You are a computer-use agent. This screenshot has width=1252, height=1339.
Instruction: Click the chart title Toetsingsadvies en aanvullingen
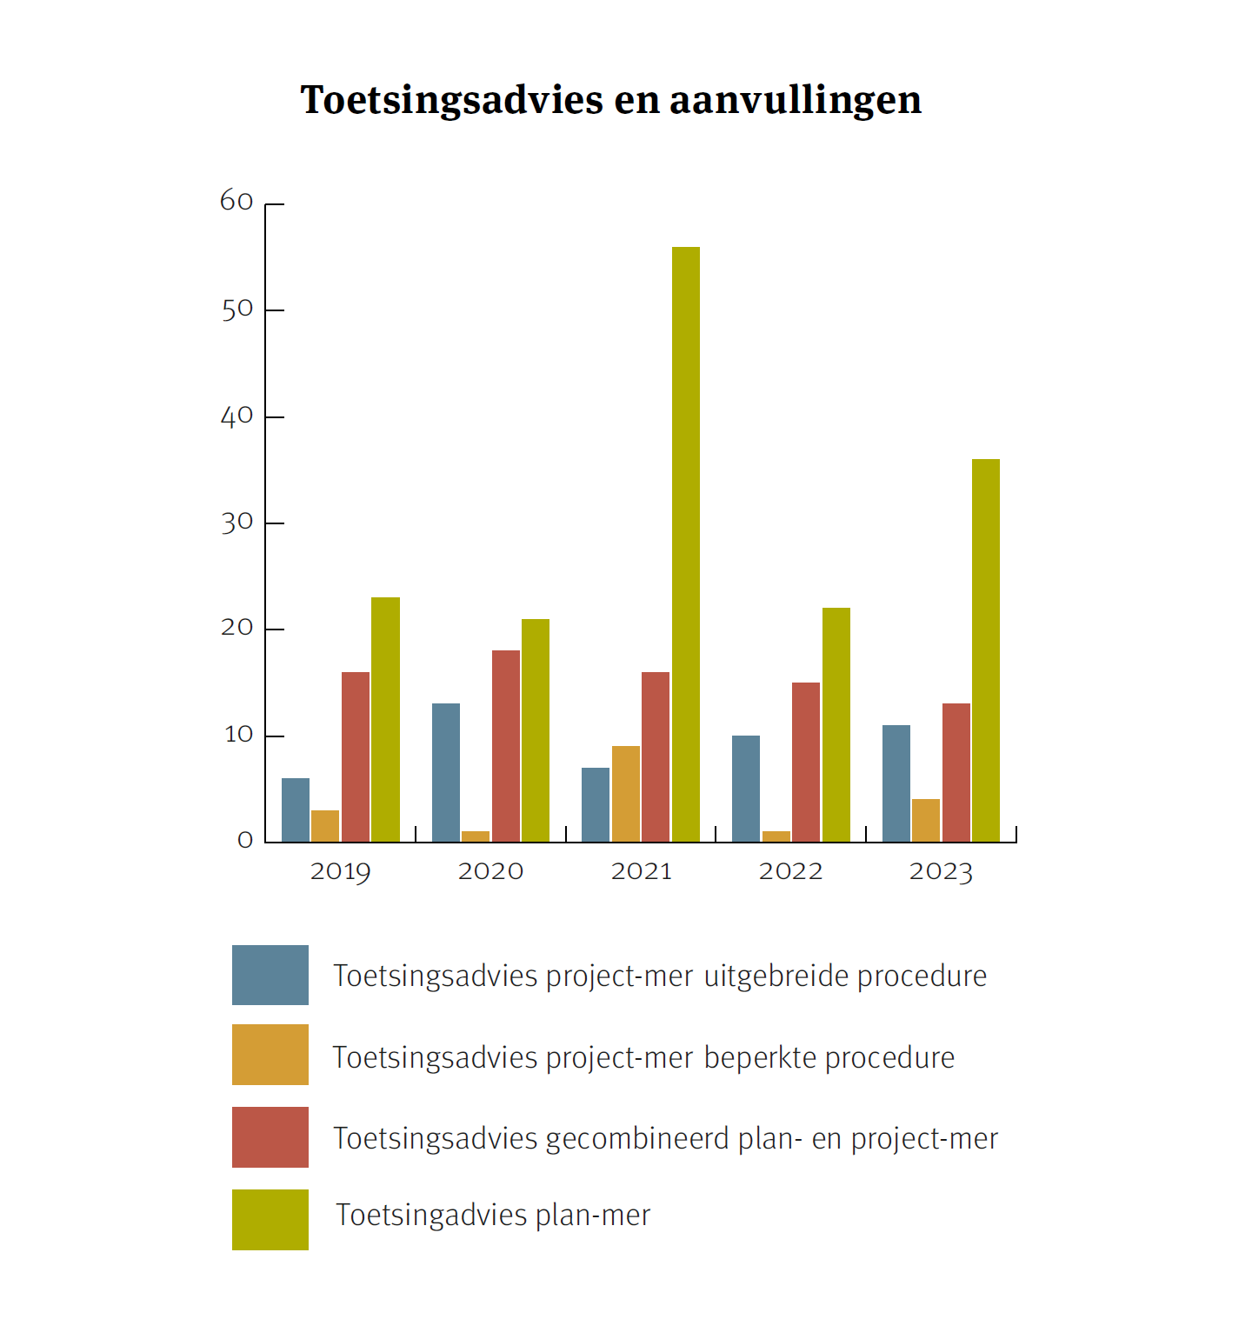coord(610,100)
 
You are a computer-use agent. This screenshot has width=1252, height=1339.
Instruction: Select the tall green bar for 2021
coord(685,543)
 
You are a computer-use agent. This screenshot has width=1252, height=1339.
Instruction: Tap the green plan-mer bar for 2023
coord(985,650)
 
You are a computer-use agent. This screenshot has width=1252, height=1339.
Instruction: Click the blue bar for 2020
coord(446,772)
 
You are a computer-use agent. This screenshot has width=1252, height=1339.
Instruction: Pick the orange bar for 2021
coord(625,793)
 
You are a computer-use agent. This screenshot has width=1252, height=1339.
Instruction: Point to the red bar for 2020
coord(505,745)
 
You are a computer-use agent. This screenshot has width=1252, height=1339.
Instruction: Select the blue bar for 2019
coord(296,809)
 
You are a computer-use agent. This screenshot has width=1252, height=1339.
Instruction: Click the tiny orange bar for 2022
coord(776,836)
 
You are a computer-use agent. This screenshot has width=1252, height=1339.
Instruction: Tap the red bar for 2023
coord(956,772)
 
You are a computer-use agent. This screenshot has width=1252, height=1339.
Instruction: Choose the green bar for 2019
coord(385,719)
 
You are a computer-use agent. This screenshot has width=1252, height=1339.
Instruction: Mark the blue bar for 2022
coord(745,788)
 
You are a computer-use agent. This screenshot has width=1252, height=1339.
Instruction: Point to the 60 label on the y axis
coord(236,202)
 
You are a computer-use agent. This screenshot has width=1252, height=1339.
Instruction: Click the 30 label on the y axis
coord(236,523)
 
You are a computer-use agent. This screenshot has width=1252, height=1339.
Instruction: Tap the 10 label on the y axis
coord(238,735)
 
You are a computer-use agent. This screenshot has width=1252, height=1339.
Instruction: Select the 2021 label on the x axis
coord(641,871)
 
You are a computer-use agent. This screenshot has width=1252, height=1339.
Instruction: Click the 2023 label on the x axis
coord(941,871)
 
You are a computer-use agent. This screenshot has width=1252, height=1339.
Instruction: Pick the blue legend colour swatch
coord(270,975)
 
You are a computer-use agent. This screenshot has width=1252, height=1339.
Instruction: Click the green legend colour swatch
coord(270,1219)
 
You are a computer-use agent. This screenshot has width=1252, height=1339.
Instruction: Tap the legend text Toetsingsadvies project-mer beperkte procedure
coord(643,1057)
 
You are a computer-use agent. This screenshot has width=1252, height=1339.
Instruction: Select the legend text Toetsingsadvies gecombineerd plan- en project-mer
coord(665,1138)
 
